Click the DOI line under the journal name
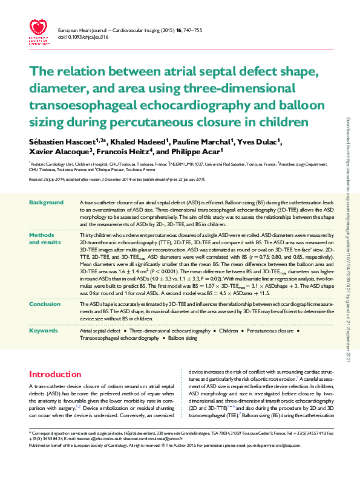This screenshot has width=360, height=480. click(83, 37)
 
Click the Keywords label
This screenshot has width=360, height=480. click(44, 331)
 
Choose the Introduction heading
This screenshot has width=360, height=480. click(55, 374)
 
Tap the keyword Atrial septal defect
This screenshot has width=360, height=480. click(100, 331)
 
